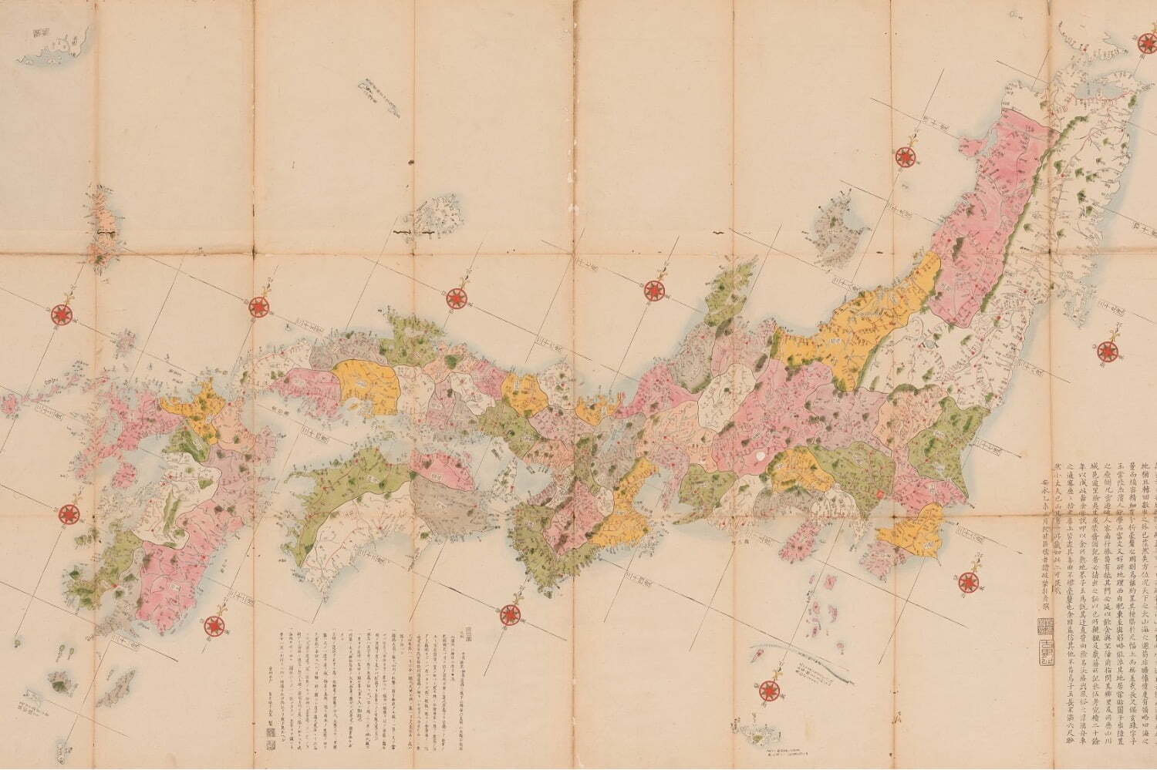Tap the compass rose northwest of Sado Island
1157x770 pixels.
click(x=904, y=156)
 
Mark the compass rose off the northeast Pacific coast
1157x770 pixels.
click(x=1106, y=351)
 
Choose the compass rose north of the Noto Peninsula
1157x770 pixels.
click(x=655, y=290)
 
